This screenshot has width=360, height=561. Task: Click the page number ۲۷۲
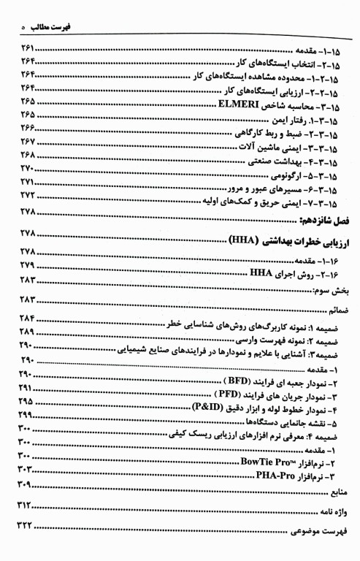pyautogui.click(x=28, y=196)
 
